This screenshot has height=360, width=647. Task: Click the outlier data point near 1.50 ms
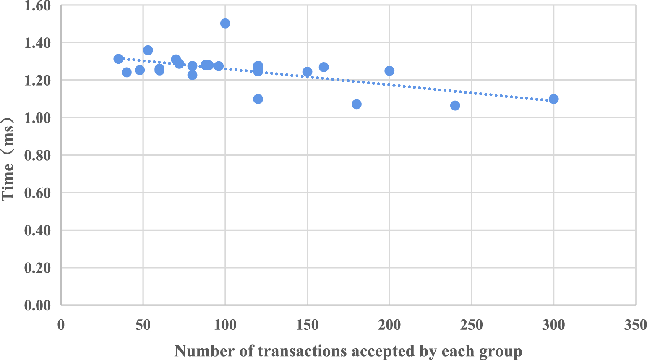pyautogui.click(x=225, y=23)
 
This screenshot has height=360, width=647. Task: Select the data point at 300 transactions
pyautogui.click(x=553, y=99)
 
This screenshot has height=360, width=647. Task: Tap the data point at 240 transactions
pyautogui.click(x=455, y=106)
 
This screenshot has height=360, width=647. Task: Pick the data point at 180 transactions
pyautogui.click(x=357, y=104)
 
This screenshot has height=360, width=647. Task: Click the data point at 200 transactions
pyautogui.click(x=389, y=71)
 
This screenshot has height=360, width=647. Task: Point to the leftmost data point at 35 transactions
pyautogui.click(x=118, y=59)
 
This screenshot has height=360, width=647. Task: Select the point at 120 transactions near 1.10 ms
pyautogui.click(x=258, y=99)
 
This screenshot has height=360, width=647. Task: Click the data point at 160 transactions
pyautogui.click(x=323, y=67)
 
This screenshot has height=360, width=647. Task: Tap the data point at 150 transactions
pyautogui.click(x=307, y=72)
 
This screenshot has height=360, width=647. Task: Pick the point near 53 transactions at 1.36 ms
pyautogui.click(x=148, y=50)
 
